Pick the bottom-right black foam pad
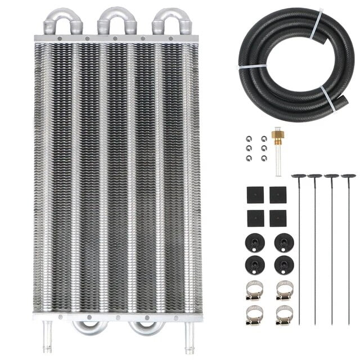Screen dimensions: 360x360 point(278,218)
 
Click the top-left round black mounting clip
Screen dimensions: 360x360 point(254,242)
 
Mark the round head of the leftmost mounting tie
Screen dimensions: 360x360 point(298,177)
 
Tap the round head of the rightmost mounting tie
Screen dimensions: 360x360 point(349,177)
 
